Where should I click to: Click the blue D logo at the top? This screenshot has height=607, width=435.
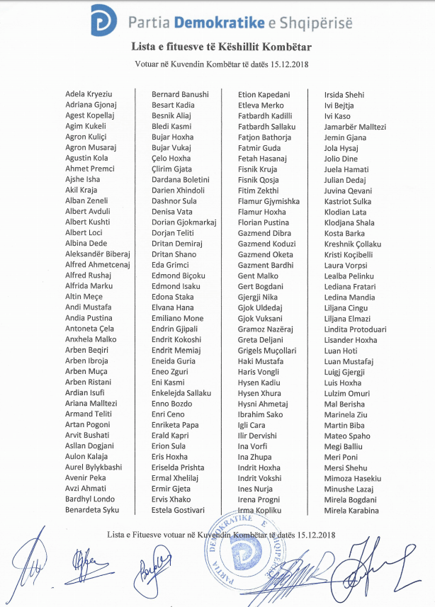pyautogui.click(x=103, y=20)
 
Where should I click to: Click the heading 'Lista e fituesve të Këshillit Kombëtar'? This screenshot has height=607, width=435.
pyautogui.click(x=222, y=47)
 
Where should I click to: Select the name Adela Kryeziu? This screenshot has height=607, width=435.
pyautogui.click(x=89, y=94)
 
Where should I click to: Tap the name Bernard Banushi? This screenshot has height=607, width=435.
pyautogui.click(x=180, y=94)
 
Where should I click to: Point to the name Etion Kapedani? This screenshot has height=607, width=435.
pyautogui.click(x=264, y=94)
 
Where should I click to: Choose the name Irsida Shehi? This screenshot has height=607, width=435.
pyautogui.click(x=344, y=94)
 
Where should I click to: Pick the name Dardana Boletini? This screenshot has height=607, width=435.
pyautogui.click(x=181, y=180)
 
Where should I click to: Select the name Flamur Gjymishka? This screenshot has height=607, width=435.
pyautogui.click(x=269, y=201)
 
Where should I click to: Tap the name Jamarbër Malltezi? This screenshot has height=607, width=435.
pyautogui.click(x=355, y=127)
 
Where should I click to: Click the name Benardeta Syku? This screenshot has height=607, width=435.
pyautogui.click(x=92, y=510)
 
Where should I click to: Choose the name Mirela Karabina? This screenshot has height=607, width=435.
pyautogui.click(x=351, y=510)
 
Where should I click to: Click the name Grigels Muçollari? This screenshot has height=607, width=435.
pyautogui.click(x=267, y=351)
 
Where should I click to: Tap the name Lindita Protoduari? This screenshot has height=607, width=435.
pyautogui.click(x=355, y=329)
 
